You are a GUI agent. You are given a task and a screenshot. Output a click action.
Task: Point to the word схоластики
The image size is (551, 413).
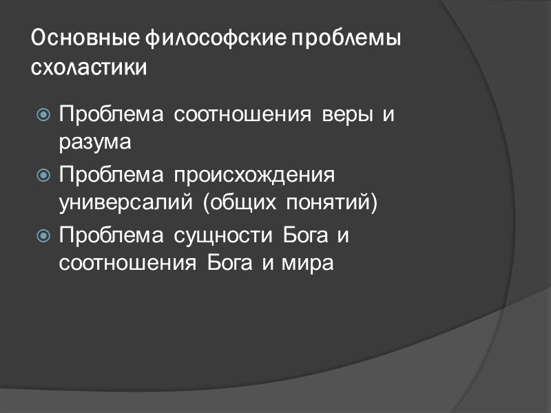click(x=90, y=69)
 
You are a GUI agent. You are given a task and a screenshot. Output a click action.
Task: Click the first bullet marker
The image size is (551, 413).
click(x=43, y=115)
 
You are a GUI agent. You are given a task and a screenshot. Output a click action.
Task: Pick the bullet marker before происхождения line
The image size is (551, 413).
click(x=43, y=176)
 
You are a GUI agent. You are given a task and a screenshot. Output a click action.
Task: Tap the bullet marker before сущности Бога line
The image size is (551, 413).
click(x=43, y=236)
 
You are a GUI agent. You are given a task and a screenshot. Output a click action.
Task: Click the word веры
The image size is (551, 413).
click(x=349, y=114)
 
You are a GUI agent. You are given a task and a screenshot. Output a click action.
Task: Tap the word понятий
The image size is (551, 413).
click(x=333, y=204)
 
